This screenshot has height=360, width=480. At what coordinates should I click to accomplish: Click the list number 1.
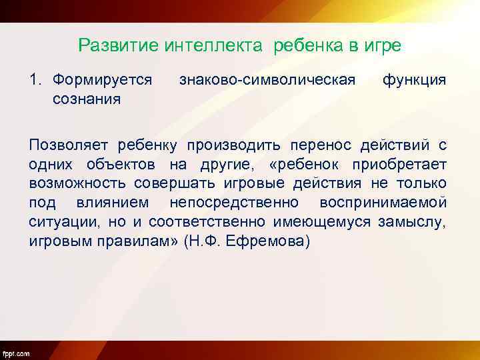pos(34,81)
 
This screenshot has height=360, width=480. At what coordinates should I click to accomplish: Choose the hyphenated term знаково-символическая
pos(267,81)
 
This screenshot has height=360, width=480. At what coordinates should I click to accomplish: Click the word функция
pos(414,81)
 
